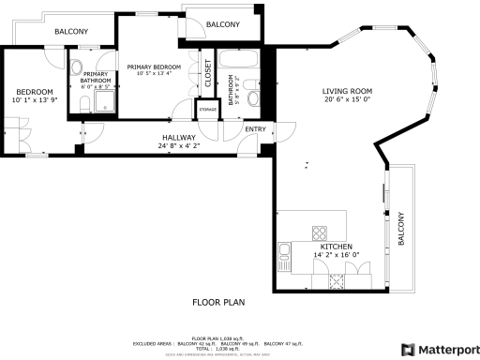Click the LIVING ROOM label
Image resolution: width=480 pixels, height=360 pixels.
(x=347, y=91)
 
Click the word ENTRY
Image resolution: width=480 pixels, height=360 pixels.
(x=255, y=128)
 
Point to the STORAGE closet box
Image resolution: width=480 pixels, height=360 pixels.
(x=207, y=110)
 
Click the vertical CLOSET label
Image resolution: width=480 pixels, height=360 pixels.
(x=207, y=73)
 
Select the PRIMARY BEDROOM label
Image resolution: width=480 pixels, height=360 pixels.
(x=154, y=67)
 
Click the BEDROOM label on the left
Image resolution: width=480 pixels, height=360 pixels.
(x=34, y=91)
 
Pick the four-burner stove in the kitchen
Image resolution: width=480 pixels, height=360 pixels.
(x=319, y=232)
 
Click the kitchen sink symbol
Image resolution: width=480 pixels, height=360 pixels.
(x=284, y=250)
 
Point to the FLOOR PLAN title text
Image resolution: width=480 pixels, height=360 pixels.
(x=218, y=303)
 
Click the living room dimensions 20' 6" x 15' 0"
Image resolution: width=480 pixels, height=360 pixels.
(x=347, y=100)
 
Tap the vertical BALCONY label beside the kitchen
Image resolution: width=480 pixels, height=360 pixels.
(x=401, y=229)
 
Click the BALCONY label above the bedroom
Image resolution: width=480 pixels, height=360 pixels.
(x=71, y=32)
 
